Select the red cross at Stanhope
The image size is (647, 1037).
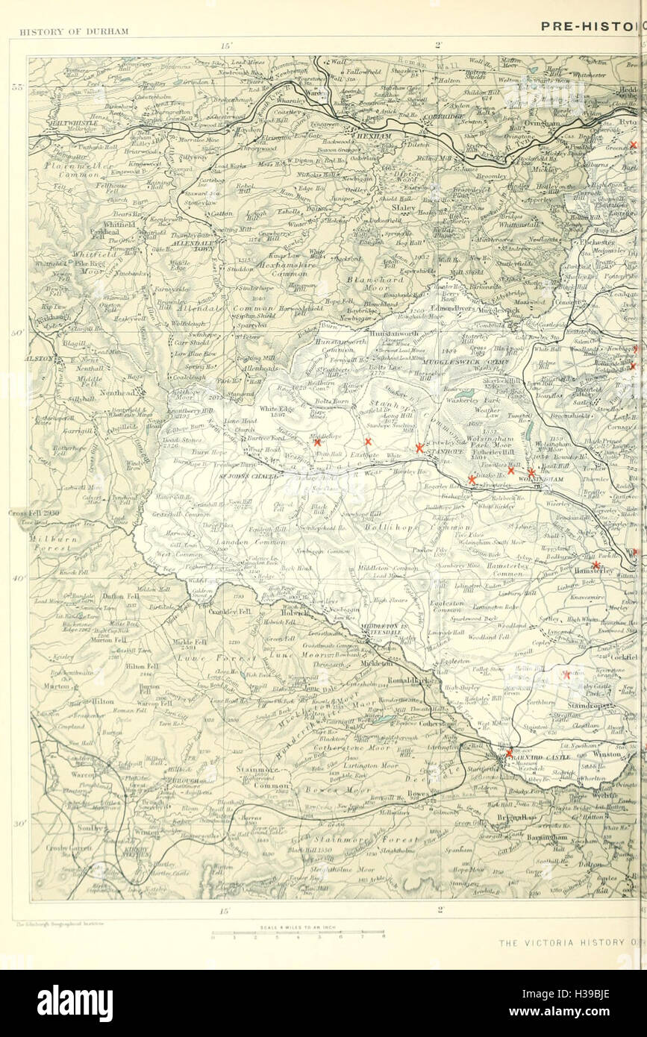coord(419,448)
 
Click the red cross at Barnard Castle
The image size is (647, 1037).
coord(509,753)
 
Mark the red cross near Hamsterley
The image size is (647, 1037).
coord(596,566)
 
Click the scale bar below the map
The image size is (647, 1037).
coord(298,932)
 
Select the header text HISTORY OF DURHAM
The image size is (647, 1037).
coord(74,31)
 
